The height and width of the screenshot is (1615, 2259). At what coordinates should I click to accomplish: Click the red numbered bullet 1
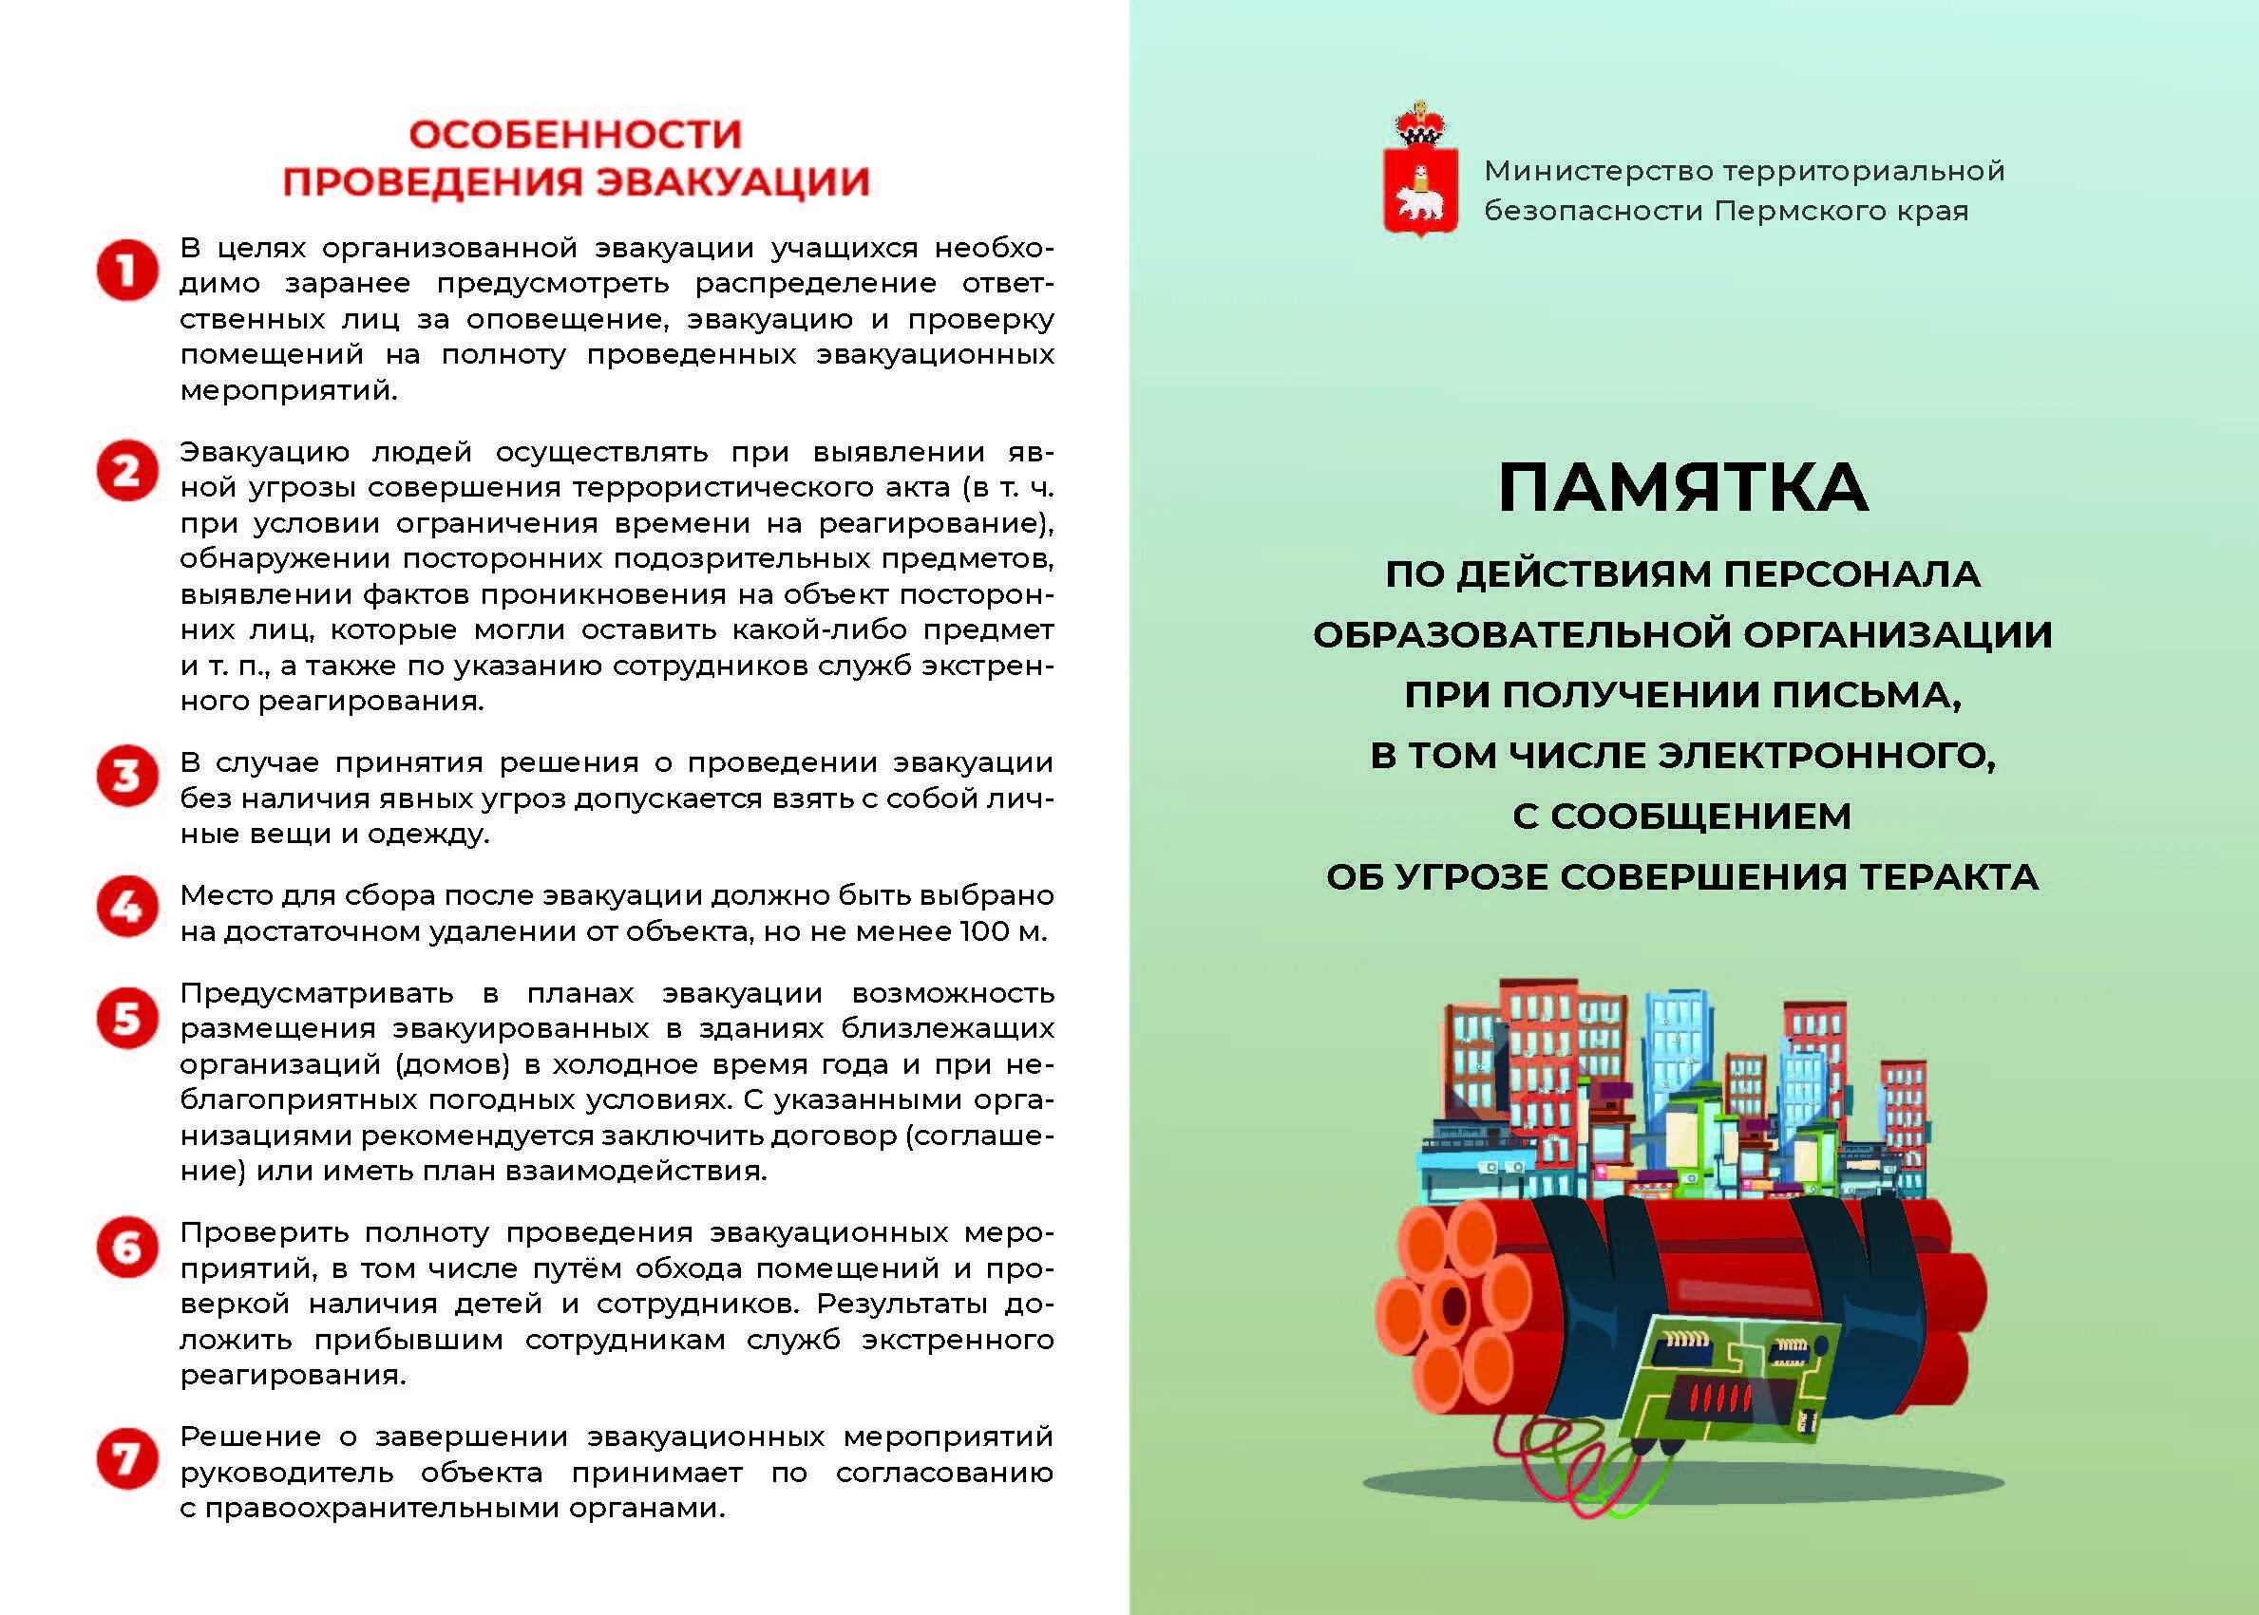coord(127,271)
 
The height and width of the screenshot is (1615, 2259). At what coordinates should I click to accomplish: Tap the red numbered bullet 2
coord(127,470)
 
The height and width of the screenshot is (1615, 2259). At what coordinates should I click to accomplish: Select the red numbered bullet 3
coord(127,777)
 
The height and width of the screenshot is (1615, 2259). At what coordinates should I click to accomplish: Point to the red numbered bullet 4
coord(127,907)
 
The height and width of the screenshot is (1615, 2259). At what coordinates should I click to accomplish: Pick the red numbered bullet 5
coord(127,1018)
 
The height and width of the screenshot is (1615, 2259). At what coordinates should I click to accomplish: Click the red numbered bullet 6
coord(127,1246)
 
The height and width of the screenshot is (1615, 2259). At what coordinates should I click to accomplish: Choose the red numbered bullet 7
coord(127,1459)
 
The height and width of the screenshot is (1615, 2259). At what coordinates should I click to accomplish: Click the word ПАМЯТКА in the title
coord(1683,487)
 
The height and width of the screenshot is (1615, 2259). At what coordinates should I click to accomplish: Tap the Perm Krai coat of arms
coord(1420,174)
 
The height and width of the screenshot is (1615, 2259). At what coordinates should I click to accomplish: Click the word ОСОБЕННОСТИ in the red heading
coord(576,134)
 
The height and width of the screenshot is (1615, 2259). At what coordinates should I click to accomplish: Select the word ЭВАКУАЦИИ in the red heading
coord(732,182)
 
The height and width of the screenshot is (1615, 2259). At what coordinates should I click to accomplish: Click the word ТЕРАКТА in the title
coord(1948,877)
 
